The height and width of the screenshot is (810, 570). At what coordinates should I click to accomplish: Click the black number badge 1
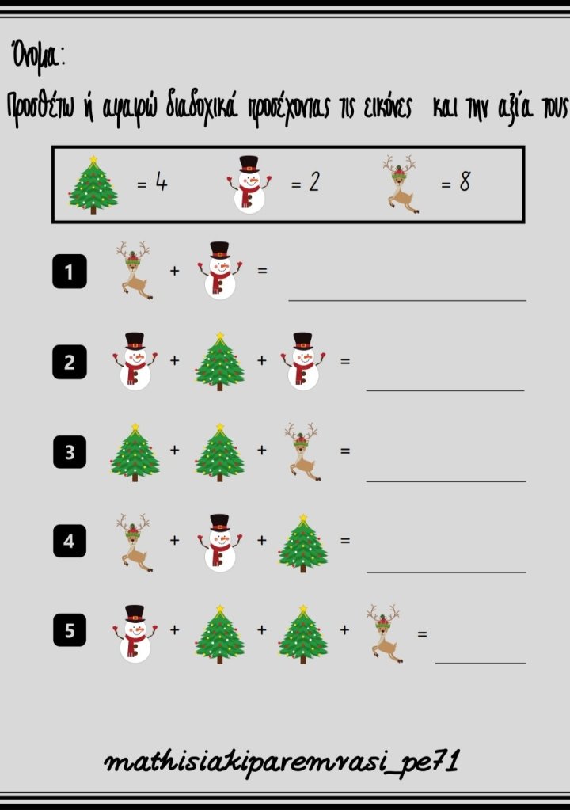[x=70, y=272]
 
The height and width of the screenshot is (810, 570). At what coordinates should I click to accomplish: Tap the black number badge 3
[x=70, y=452]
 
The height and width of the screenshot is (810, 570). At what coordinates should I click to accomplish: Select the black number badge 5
[x=70, y=630]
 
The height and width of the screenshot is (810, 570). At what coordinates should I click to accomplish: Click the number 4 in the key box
[x=161, y=182]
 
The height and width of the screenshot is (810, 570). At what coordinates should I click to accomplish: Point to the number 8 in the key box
[x=465, y=182]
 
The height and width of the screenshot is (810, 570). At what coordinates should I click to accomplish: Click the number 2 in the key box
[x=314, y=182]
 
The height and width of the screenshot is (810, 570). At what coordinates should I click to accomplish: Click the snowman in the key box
[x=249, y=184]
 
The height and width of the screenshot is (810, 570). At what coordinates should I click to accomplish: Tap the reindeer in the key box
[x=401, y=184]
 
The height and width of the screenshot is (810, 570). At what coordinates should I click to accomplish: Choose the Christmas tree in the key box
[x=93, y=184]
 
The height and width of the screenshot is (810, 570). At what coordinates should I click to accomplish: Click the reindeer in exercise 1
[x=135, y=270]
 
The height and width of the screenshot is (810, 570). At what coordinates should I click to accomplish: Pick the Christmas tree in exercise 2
[x=220, y=362]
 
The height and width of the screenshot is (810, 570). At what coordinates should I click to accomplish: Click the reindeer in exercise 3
[x=302, y=452]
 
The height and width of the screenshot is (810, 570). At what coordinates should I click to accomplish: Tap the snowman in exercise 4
[x=220, y=542]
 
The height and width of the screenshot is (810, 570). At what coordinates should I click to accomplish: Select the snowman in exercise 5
[x=135, y=633]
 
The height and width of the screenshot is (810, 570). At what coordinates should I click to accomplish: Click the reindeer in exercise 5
[x=385, y=633]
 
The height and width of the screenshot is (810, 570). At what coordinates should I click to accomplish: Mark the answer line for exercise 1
[x=408, y=300]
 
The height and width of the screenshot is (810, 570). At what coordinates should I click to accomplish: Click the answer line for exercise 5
[x=481, y=663]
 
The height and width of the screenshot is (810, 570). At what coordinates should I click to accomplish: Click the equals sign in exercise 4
[x=345, y=540]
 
